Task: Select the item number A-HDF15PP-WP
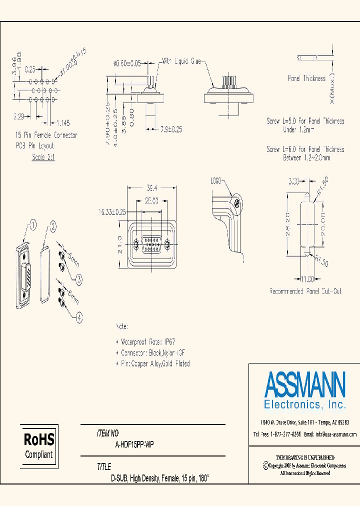pos(134,444)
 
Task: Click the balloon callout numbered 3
pos(78,279)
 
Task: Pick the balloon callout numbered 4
pos(78,315)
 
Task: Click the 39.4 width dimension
pos(151,188)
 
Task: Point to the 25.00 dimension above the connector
pos(151,201)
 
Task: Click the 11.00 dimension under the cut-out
pos(306,279)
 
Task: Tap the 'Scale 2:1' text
pos(43,157)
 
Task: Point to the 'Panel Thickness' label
pos(306,78)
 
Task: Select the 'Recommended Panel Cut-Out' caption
pos(305,291)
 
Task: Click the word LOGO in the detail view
pos(216,180)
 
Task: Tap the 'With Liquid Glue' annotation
pos(180,61)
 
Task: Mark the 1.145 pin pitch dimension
pos(63,122)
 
